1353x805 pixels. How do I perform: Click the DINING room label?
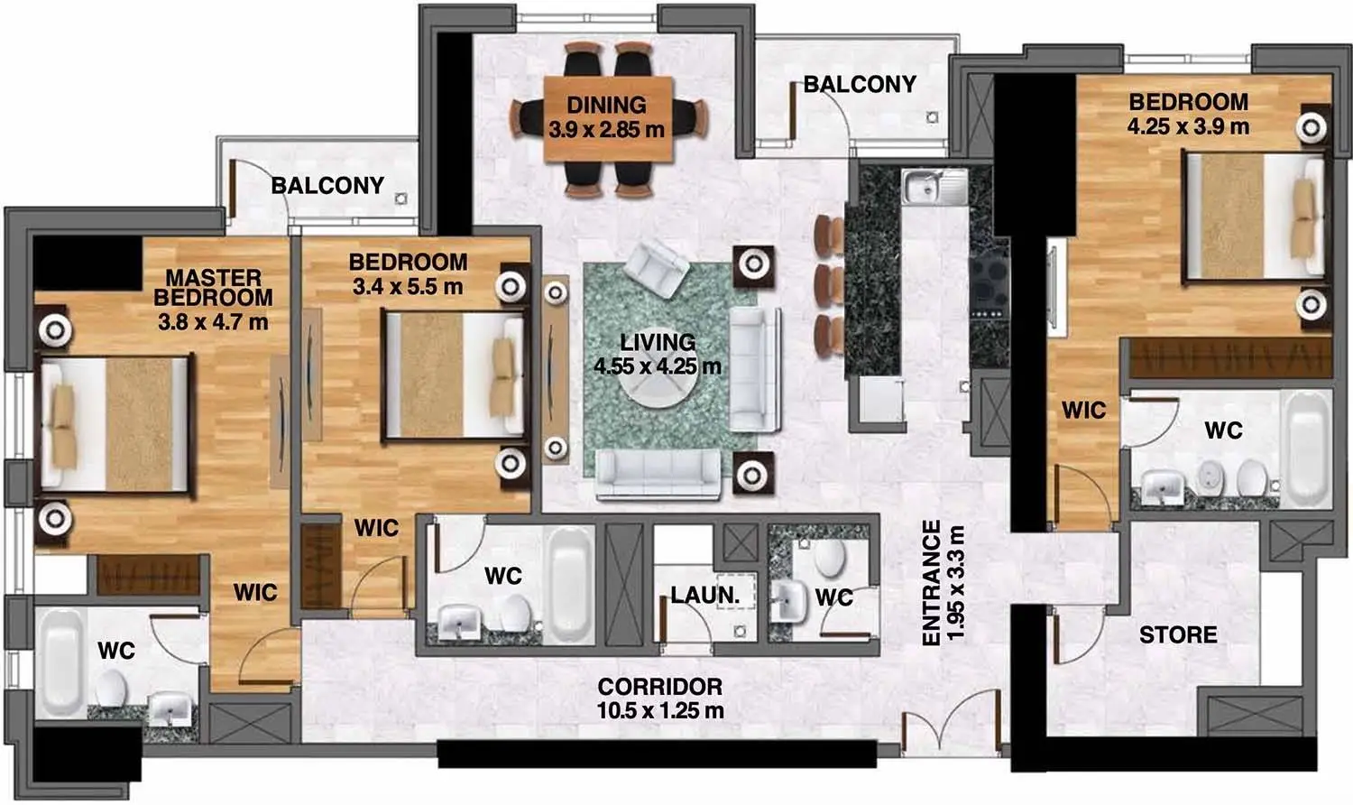point(606,106)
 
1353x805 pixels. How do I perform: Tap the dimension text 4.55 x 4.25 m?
point(658,366)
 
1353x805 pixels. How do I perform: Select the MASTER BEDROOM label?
point(213,288)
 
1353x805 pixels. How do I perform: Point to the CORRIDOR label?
point(659,687)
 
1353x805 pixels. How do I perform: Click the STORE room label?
point(1178,635)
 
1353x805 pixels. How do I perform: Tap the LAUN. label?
point(704,596)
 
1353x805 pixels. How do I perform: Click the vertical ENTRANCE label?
point(932,583)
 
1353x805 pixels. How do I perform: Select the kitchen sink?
point(934,186)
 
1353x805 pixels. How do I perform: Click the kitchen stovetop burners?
point(989,285)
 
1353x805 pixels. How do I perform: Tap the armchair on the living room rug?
point(657,268)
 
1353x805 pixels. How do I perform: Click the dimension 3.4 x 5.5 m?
point(408,286)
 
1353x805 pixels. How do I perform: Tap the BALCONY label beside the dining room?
point(860,85)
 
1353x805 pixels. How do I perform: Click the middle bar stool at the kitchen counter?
point(828,284)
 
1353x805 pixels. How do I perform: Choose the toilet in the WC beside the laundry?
point(829,557)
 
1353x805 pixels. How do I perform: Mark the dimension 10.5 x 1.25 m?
point(659,711)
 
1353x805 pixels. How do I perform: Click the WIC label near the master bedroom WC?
point(255,592)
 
